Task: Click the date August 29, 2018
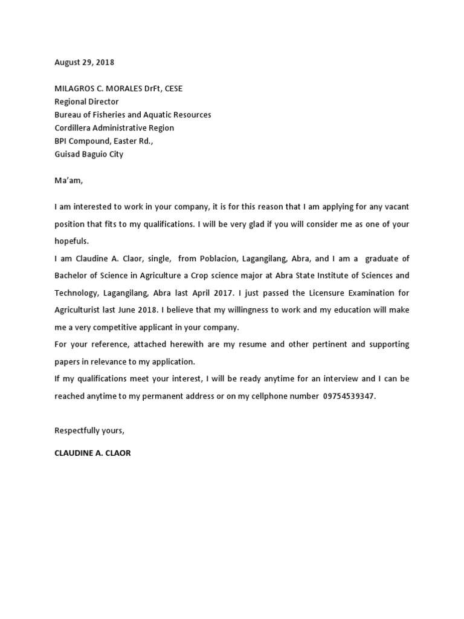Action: [84, 62]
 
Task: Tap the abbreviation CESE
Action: [171, 88]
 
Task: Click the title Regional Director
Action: [86, 102]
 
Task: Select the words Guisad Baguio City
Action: [89, 154]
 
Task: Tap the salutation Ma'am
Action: [66, 181]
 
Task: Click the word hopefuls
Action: [71, 241]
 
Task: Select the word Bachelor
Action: [71, 276]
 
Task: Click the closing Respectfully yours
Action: [89, 430]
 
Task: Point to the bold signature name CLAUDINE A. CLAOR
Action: [92, 453]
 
